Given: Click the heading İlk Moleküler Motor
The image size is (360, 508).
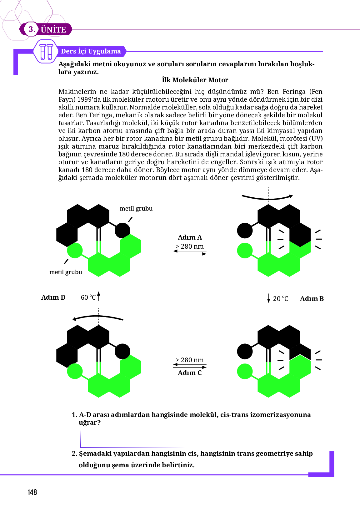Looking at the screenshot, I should [195, 80].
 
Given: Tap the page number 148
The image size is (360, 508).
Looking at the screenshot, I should [32, 492].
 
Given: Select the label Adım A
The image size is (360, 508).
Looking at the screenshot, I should [190, 237].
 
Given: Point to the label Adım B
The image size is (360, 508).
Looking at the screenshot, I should [312, 299].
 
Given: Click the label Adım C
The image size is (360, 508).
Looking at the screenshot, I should [190, 373].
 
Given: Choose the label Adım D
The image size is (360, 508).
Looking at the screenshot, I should [53, 297].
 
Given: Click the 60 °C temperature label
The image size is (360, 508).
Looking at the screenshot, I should [88, 297].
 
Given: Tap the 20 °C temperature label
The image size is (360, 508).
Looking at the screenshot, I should [280, 299].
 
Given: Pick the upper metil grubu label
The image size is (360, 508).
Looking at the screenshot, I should [136, 209].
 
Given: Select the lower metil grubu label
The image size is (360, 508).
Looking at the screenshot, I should [66, 272].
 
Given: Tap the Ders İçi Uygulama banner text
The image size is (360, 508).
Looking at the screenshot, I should [91, 51].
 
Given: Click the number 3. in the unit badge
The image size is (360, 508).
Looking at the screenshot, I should [32, 29].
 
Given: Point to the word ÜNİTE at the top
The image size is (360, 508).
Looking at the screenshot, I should [53, 30].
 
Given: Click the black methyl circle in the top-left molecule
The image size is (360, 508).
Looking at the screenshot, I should [122, 231].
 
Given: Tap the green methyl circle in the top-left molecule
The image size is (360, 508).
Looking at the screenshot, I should [75, 251].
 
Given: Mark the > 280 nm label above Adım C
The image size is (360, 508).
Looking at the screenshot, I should [190, 360].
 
